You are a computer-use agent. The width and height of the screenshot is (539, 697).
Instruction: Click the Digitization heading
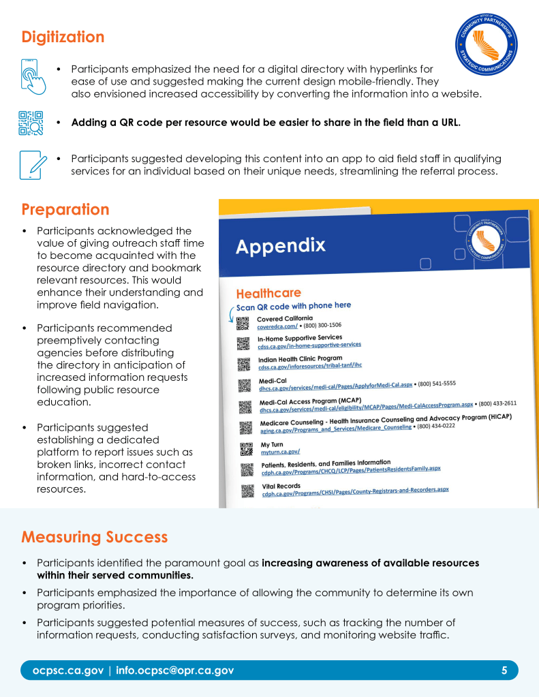[x=63, y=37]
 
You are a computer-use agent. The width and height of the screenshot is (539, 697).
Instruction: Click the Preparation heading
[x=65, y=209]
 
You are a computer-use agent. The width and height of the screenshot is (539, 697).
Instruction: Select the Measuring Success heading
[x=94, y=537]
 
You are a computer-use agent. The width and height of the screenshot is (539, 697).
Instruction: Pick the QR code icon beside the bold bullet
[x=31, y=123]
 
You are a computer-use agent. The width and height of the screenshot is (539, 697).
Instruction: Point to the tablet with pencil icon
[x=33, y=164]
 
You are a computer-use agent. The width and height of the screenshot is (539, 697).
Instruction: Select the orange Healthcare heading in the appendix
[x=268, y=294]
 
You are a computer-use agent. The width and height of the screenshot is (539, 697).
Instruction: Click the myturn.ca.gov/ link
[x=280, y=452]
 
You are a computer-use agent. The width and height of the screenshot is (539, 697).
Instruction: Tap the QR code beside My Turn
[x=246, y=449]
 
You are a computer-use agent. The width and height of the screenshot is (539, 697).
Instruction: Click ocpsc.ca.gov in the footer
[x=67, y=670]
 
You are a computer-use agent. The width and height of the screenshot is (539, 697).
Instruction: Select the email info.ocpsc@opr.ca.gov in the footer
[x=174, y=670]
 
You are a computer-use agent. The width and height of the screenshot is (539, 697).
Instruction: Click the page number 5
[x=504, y=670]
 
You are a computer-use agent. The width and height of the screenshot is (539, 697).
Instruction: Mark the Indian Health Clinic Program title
[x=299, y=358]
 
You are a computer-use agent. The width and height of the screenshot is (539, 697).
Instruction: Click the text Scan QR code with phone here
[x=294, y=306]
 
